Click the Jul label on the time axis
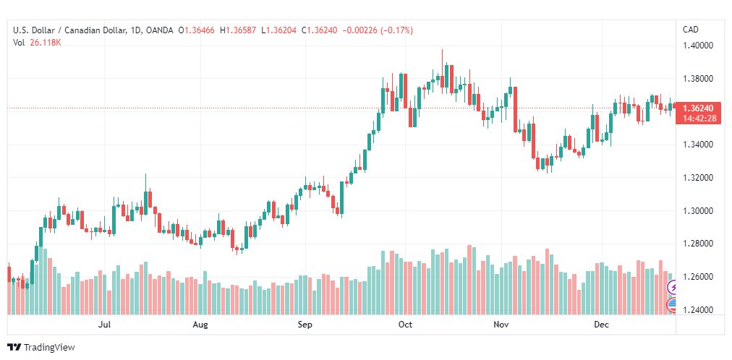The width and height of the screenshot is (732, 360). pos(105,324)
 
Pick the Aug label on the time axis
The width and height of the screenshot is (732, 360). pos(200,324)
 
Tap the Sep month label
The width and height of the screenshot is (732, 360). pos(305,324)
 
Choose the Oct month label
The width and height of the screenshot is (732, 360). pos(405,324)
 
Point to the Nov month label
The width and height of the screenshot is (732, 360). pos(501,324)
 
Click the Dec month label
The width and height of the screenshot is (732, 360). pos(601,324)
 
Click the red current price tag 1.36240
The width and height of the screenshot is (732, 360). pos(698,108)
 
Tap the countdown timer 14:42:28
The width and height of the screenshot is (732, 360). pos(699,119)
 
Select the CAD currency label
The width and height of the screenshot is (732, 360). pos(691,30)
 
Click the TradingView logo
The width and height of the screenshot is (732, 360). pos(41,348)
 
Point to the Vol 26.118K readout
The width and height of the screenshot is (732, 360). pos(38,43)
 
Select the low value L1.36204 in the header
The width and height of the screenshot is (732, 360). pos(278,30)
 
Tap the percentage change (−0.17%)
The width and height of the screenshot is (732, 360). pos(397,30)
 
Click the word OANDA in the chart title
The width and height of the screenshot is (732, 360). pos(158,30)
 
